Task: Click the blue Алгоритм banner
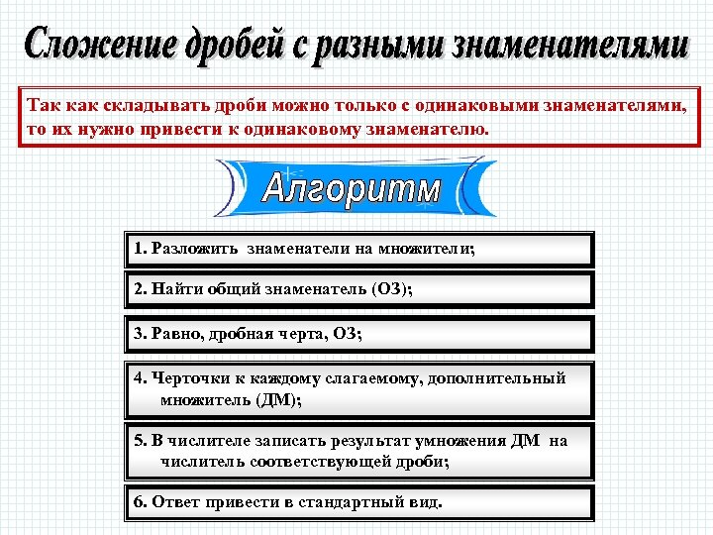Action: point(353,188)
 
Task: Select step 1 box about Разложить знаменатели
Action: point(358,250)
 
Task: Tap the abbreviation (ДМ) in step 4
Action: point(278,400)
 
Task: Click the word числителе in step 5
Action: point(205,441)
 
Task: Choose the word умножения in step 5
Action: point(446,441)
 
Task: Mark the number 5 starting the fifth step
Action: point(139,441)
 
